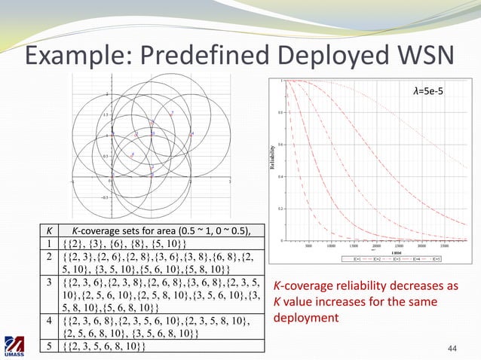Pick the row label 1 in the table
pos(48,243)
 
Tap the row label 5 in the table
pos(48,346)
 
